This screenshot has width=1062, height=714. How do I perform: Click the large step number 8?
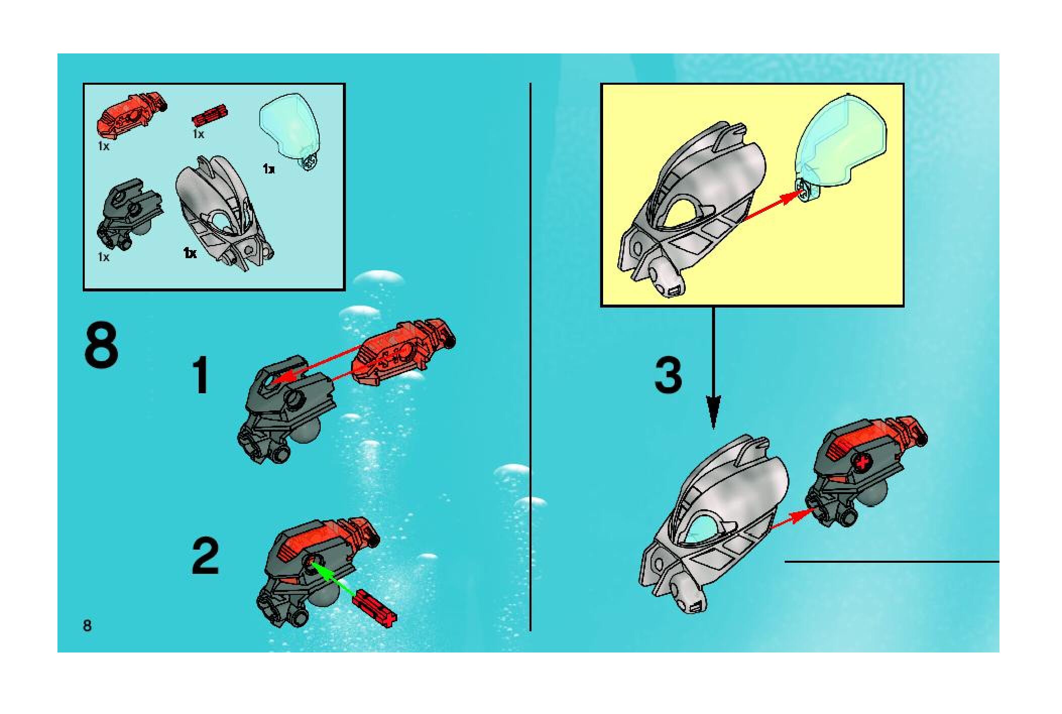tap(101, 346)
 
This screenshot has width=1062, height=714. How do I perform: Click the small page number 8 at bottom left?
tap(87, 626)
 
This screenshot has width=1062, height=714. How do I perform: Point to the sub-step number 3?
tap(668, 376)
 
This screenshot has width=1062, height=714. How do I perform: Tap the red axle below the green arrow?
tap(376, 608)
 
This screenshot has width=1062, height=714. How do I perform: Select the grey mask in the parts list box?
tap(224, 213)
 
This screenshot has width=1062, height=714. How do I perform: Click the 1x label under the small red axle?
tap(198, 134)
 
